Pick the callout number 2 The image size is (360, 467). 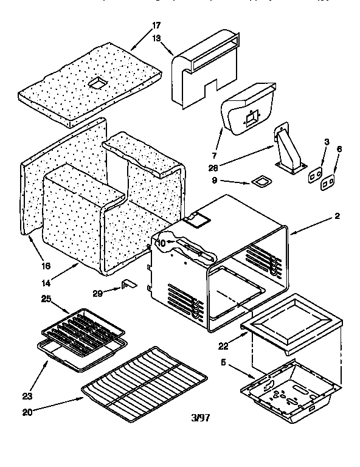click(x=336, y=216)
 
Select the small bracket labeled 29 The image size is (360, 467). click(x=128, y=285)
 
